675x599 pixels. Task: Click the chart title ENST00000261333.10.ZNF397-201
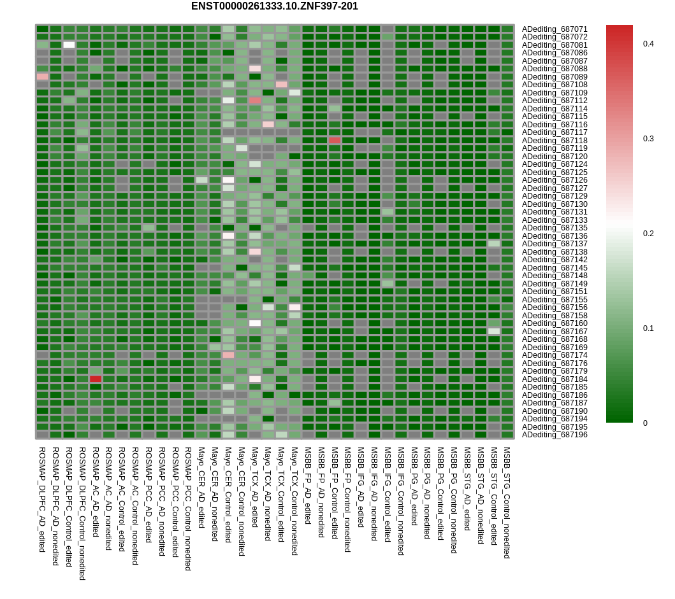pyautogui.click(x=274, y=6)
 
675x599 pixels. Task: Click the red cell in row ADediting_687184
pyautogui.click(x=96, y=379)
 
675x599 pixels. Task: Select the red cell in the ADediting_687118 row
pyautogui.click(x=335, y=140)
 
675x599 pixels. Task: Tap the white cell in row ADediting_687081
pyautogui.click(x=69, y=45)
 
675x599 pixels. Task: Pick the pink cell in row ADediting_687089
pyautogui.click(x=43, y=76)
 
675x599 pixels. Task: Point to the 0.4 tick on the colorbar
pyautogui.click(x=648, y=44)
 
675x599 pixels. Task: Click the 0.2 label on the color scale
pyautogui.click(x=648, y=234)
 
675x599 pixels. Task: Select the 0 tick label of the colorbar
pyautogui.click(x=646, y=423)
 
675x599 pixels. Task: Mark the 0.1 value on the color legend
pyautogui.click(x=648, y=328)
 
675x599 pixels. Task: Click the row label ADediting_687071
pyautogui.click(x=555, y=29)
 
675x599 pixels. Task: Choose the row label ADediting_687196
pyautogui.click(x=555, y=435)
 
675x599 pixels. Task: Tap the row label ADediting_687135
pyautogui.click(x=555, y=228)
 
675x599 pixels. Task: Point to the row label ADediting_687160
pyautogui.click(x=555, y=323)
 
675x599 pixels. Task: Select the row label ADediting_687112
pyautogui.click(x=555, y=101)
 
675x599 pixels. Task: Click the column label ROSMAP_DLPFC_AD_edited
pyautogui.click(x=42, y=499)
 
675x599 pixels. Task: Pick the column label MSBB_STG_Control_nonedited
pyautogui.click(x=507, y=502)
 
